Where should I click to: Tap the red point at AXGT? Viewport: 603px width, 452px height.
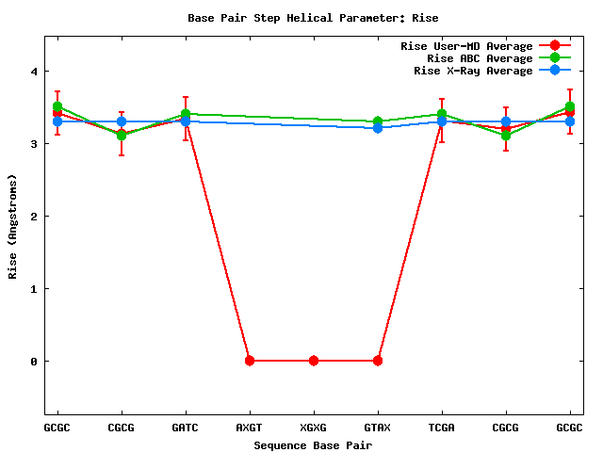(250, 361)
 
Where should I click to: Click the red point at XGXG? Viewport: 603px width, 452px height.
(314, 361)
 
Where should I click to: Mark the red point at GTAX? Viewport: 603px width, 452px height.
(378, 361)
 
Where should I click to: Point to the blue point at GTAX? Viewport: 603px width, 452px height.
(378, 128)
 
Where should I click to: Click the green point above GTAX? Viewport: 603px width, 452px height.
(378, 121)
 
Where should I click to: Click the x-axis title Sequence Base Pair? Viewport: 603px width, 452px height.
(313, 444)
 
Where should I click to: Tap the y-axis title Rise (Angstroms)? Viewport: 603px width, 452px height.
(13, 226)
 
